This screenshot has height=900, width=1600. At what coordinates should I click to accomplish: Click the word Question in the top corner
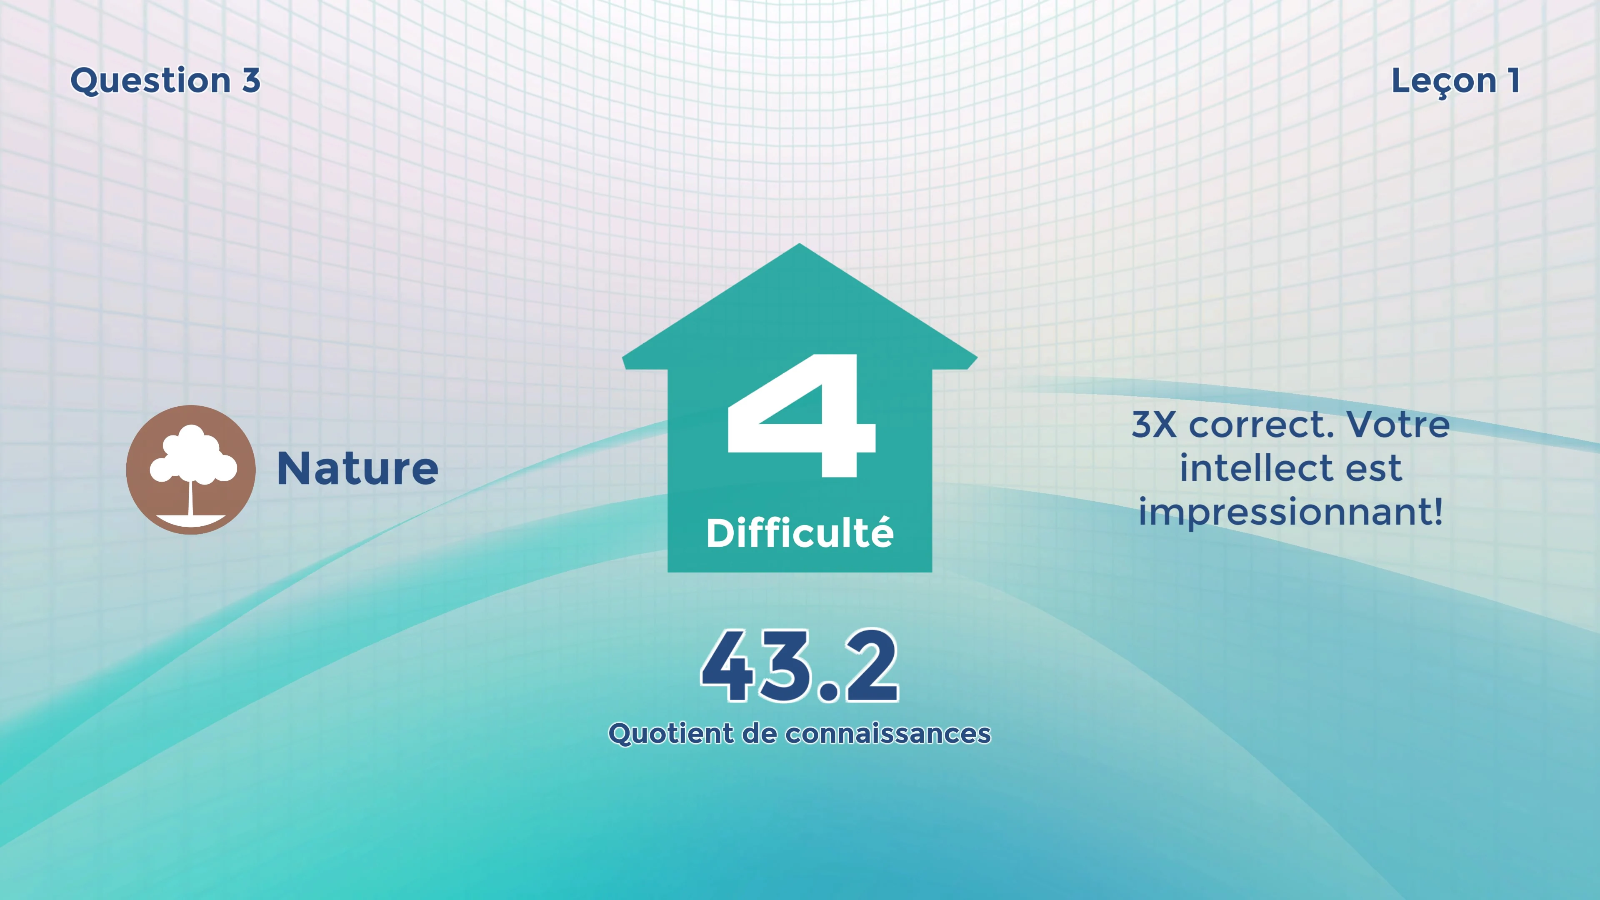tap(150, 81)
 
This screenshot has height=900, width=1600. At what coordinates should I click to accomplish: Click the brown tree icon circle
tap(191, 470)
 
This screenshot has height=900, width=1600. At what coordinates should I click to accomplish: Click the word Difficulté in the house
tap(800, 533)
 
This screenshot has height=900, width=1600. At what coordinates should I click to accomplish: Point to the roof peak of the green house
tap(800, 244)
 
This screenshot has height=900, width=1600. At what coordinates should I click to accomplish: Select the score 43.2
tap(800, 666)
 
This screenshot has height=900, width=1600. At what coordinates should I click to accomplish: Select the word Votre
tap(1397, 425)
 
